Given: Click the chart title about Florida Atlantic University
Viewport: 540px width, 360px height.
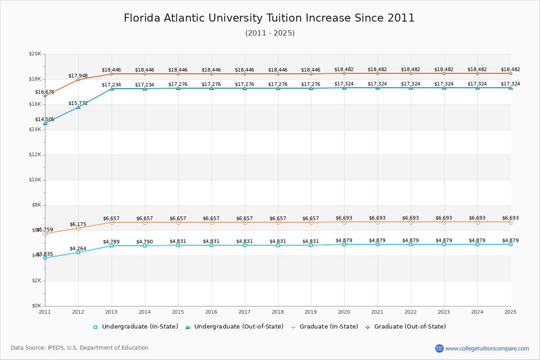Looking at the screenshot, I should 269,18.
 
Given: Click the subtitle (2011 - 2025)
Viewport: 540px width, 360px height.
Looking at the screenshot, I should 270,33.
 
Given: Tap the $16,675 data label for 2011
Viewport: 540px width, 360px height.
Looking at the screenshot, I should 45,92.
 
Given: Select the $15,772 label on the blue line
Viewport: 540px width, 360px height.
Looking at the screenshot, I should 78,103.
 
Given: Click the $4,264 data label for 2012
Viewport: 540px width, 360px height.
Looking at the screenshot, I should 78,249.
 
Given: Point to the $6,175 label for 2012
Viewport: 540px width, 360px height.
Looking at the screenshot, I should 78,225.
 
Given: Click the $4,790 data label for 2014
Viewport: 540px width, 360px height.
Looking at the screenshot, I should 144,242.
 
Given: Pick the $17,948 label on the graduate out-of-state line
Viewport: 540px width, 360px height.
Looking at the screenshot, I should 78,76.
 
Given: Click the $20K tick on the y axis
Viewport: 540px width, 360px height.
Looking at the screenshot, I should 35,54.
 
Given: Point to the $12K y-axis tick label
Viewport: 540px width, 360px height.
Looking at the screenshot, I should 35,155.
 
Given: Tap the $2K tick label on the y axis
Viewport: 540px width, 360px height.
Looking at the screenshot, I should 36,281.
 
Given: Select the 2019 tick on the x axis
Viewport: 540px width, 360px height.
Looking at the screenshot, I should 311,312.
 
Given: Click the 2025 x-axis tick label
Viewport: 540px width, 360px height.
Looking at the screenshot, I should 510,312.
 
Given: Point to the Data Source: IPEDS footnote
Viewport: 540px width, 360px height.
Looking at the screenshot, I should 80,348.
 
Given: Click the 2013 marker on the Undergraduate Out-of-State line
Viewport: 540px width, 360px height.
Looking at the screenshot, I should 112,89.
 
